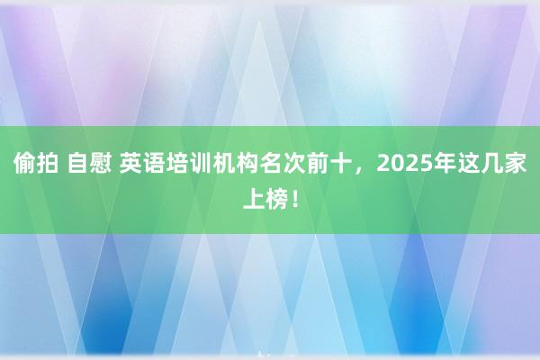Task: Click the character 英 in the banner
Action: click(x=130, y=164)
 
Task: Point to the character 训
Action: click(x=201, y=164)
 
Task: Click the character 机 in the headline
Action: click(x=223, y=164)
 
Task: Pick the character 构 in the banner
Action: click(x=247, y=164)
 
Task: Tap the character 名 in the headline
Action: click(x=270, y=164)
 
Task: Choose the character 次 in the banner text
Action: click(x=293, y=164)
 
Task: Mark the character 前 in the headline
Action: click(x=317, y=164)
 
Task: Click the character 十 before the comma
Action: click(x=340, y=164)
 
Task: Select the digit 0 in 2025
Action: click(x=397, y=164)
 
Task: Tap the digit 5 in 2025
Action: click(x=425, y=164)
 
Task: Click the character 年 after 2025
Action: click(x=445, y=164)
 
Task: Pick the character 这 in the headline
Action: click(x=468, y=164)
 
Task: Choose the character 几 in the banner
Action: click(x=491, y=164)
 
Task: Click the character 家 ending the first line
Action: click(x=515, y=164)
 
